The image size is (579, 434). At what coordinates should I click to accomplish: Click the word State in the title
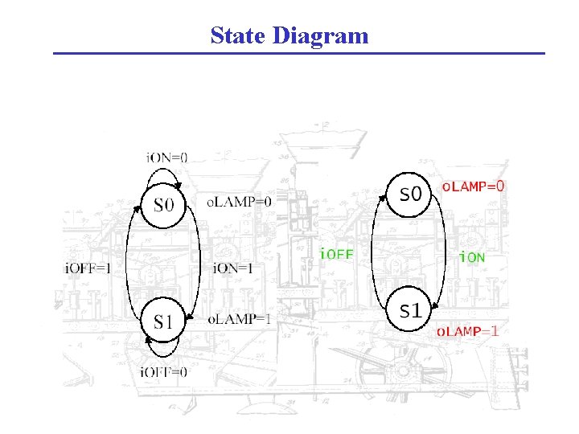point(238,36)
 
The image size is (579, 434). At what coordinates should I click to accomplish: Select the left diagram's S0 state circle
point(163,205)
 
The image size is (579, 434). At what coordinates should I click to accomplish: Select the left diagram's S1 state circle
point(163,321)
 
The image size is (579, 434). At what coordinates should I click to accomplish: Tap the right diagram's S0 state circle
point(410,194)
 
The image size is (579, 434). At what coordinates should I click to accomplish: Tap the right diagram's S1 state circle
point(410,310)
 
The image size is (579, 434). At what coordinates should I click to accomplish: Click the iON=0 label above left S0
point(166,158)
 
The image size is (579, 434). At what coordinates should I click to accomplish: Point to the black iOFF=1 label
point(88,268)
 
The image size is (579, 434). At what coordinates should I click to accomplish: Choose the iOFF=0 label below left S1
point(163,371)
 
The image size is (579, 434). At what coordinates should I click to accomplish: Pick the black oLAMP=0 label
point(240,202)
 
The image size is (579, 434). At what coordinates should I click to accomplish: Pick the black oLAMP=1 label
point(240,319)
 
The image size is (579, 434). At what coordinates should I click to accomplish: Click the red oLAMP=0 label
point(474,186)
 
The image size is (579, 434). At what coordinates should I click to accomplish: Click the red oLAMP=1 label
point(467,330)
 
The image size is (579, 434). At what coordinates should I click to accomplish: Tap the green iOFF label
point(337,255)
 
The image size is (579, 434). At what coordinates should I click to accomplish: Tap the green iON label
point(471,257)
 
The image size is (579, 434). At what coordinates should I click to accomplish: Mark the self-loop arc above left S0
point(164,170)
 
